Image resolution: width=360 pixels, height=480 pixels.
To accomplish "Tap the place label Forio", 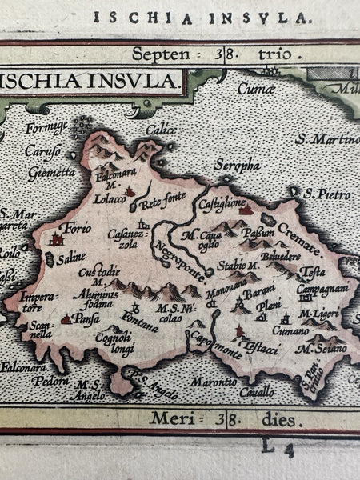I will point(78,228).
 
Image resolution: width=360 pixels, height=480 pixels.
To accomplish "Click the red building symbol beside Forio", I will point(57,238).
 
